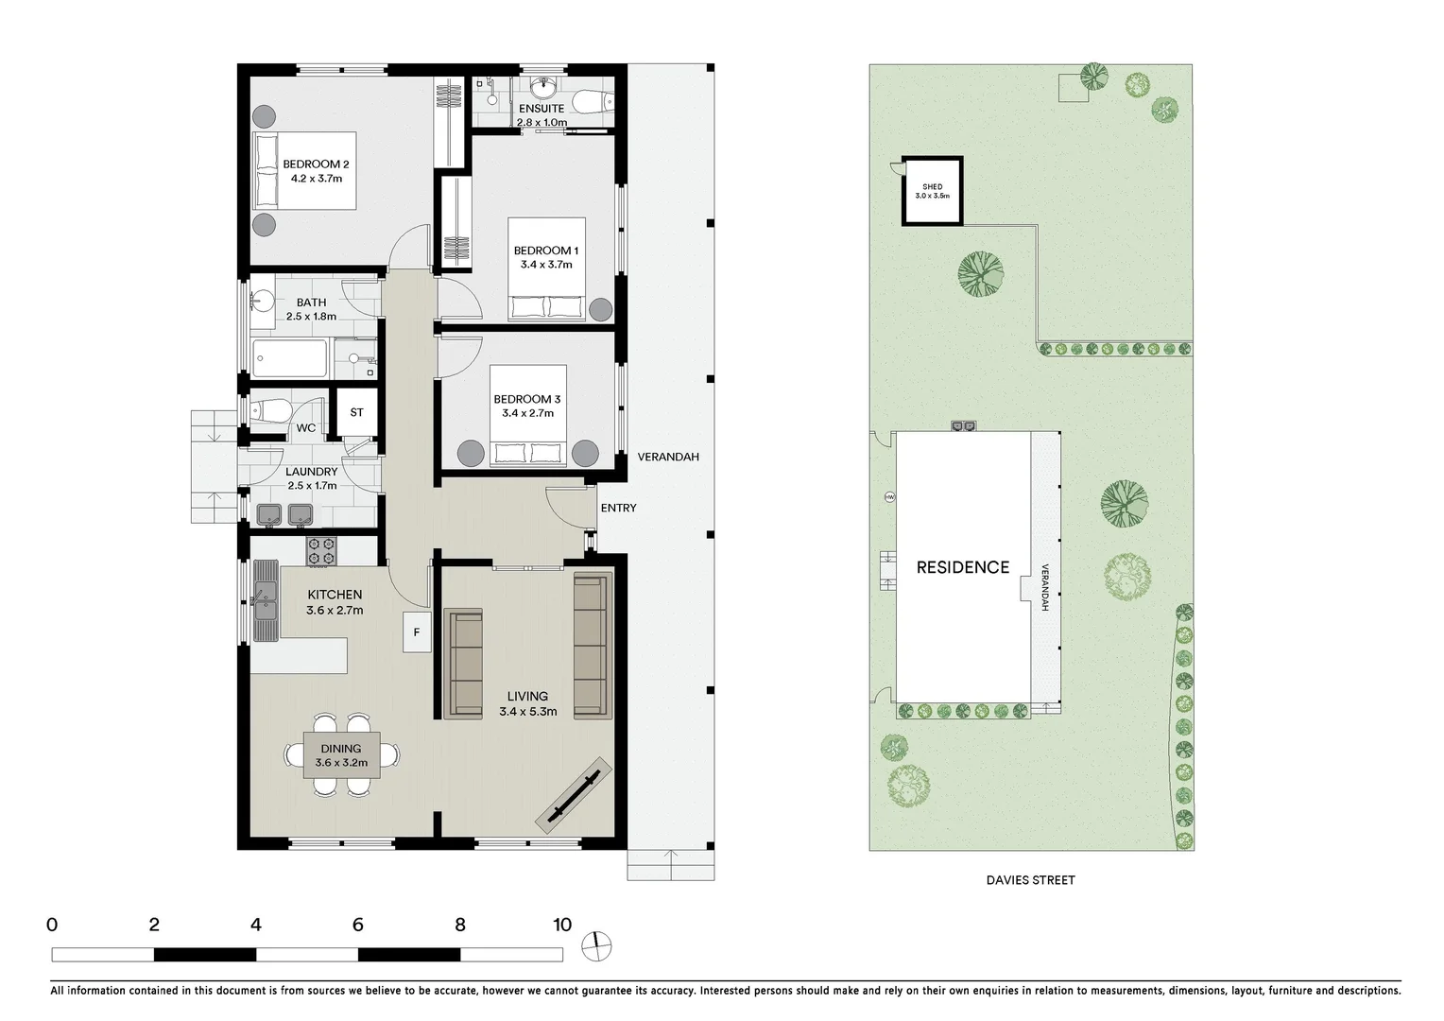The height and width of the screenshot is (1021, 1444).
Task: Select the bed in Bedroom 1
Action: tap(546, 273)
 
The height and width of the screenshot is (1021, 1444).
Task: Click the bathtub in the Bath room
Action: tap(290, 358)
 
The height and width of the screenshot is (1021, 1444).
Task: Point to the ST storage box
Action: tap(356, 412)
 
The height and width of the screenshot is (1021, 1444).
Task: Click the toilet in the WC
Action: tap(271, 410)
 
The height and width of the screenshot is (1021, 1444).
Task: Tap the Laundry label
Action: tap(311, 472)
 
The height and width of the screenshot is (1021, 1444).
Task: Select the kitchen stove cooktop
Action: tap(321, 551)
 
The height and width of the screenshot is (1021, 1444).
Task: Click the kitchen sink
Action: tap(266, 600)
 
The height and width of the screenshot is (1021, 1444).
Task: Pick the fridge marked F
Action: tap(416, 632)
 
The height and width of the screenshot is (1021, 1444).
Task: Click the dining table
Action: tap(341, 754)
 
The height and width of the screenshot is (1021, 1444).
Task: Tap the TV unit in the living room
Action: tap(570, 792)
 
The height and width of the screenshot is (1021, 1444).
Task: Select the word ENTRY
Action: tap(618, 508)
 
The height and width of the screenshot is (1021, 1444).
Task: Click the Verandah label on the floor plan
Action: tap(667, 457)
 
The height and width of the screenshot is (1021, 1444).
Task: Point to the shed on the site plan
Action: tap(932, 191)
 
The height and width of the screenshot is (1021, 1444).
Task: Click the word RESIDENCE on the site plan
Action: tap(962, 567)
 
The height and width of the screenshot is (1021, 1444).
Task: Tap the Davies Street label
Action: tap(1030, 880)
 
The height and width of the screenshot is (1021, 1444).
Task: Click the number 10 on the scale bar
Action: tap(562, 925)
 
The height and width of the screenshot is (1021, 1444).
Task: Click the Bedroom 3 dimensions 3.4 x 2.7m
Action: tap(527, 413)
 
